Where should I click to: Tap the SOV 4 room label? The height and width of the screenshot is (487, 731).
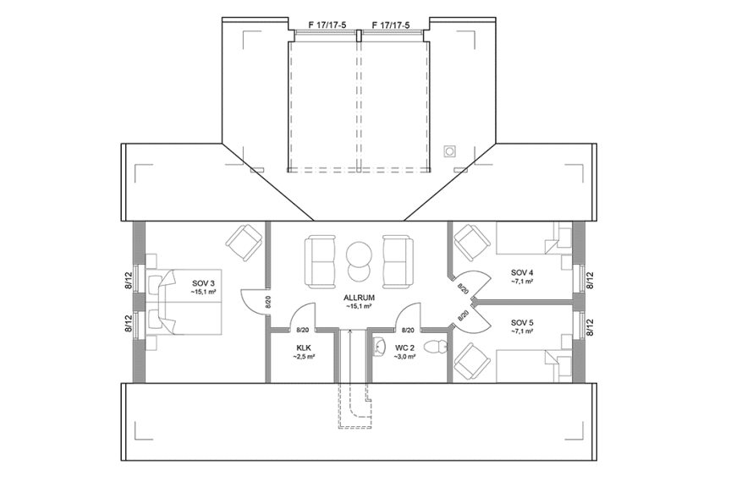pyautogui.click(x=521, y=271)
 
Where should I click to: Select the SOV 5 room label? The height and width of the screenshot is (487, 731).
pyautogui.click(x=521, y=322)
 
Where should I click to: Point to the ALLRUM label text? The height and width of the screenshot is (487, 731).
pyautogui.click(x=359, y=298)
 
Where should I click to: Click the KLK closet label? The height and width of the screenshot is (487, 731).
pyautogui.click(x=304, y=347)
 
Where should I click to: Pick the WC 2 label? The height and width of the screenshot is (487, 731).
pyautogui.click(x=404, y=347)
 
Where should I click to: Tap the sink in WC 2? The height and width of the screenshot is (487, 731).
pyautogui.click(x=378, y=346)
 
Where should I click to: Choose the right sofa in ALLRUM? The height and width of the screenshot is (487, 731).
pyautogui.click(x=396, y=259)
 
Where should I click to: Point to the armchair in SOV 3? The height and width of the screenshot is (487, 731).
pyautogui.click(x=245, y=242)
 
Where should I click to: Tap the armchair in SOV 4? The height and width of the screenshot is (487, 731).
pyautogui.click(x=470, y=243)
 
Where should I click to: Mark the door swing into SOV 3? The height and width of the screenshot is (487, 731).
pyautogui.click(x=253, y=299)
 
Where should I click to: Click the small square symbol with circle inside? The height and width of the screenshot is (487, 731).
pyautogui.click(x=450, y=150)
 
